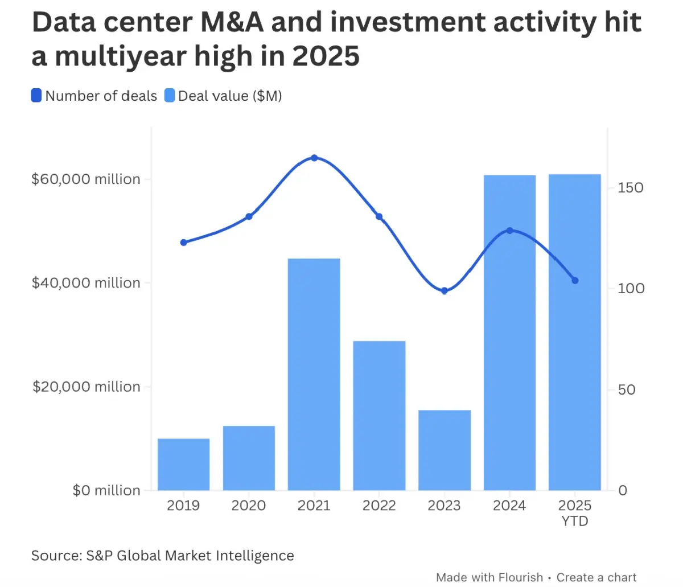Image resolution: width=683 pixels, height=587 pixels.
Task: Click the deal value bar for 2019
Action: click(x=183, y=464)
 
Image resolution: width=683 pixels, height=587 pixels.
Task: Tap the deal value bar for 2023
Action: click(x=445, y=450)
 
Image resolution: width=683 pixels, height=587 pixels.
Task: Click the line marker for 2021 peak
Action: click(x=314, y=158)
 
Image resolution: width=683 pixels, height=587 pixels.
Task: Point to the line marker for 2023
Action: click(x=445, y=291)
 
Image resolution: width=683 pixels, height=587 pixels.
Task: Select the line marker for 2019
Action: click(x=183, y=243)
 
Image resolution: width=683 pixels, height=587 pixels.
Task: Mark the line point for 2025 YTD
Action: click(x=575, y=281)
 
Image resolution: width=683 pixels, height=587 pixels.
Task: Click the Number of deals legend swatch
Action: click(x=36, y=96)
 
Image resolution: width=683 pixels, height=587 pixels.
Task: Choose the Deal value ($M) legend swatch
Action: click(x=169, y=96)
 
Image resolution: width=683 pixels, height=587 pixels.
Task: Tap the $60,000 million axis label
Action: click(x=86, y=179)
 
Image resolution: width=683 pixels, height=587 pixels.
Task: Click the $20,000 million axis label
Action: click(x=86, y=387)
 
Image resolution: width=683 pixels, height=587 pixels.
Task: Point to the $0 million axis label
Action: click(x=106, y=491)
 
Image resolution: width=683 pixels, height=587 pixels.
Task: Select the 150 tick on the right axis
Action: click(x=631, y=188)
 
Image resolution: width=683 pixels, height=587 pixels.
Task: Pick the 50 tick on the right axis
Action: click(x=626, y=390)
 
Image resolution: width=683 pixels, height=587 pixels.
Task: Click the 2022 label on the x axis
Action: click(x=379, y=506)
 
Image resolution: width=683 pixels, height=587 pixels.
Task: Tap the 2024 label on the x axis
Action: click(x=509, y=506)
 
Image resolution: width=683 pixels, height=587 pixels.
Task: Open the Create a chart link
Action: click(x=596, y=577)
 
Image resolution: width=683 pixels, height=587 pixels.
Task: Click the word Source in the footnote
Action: click(x=54, y=556)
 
